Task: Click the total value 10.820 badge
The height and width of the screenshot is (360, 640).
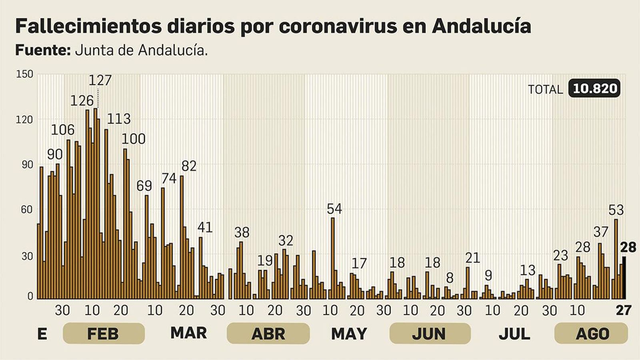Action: pyautogui.click(x=594, y=88)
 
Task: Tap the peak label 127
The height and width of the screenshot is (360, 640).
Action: pyautogui.click(x=100, y=80)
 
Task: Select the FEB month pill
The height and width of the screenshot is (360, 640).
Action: pyautogui.click(x=103, y=334)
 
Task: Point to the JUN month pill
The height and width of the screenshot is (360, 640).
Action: pyautogui.click(x=430, y=334)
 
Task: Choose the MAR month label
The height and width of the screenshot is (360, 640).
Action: pyautogui.click(x=188, y=333)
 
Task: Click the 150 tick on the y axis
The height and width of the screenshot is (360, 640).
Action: pyautogui.click(x=24, y=74)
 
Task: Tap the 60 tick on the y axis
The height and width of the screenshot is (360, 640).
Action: pyautogui.click(x=26, y=210)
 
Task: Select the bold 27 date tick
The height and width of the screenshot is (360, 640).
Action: pyautogui.click(x=623, y=310)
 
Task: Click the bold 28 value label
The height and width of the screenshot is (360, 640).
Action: pyautogui.click(x=628, y=248)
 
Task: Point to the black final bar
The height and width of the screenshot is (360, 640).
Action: pyautogui.click(x=624, y=278)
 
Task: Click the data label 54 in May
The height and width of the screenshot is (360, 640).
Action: pyautogui.click(x=334, y=209)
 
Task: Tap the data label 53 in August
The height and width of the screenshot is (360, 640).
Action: pyautogui.click(x=616, y=210)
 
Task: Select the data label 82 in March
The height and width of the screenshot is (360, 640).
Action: pyautogui.click(x=189, y=166)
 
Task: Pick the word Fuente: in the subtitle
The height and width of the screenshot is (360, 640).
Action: pyautogui.click(x=43, y=50)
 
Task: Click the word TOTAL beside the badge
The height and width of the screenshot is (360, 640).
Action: pyautogui.click(x=545, y=90)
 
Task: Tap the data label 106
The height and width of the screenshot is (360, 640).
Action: pyautogui.click(x=63, y=130)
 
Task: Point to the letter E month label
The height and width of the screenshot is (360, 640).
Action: pyautogui.click(x=42, y=334)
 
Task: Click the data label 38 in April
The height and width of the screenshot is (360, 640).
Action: pyautogui.click(x=242, y=232)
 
